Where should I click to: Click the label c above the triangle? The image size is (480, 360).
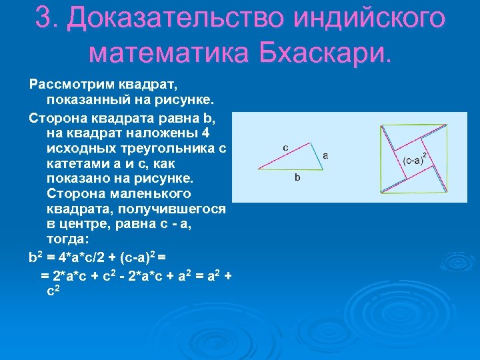coord(285,147)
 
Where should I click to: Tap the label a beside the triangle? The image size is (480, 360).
coord(325,155)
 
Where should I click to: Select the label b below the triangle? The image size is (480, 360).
coord(297,178)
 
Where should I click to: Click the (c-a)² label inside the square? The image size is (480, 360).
coord(415,160)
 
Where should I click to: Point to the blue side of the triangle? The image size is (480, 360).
coord(317,157)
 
